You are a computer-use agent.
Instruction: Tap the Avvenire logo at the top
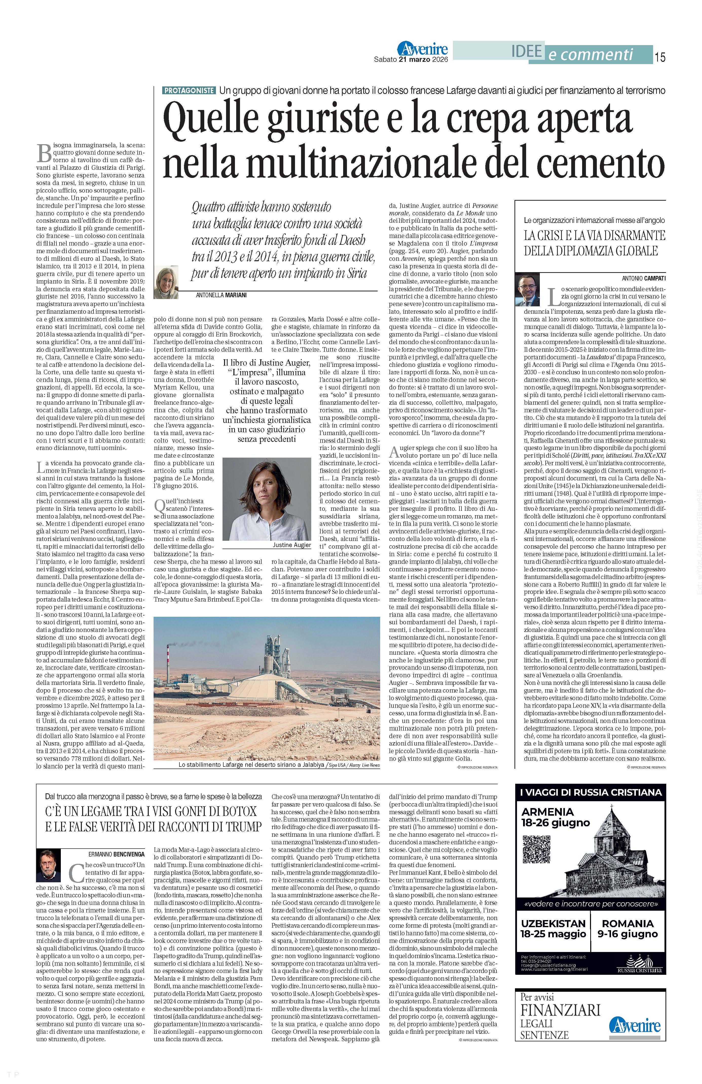[422, 49]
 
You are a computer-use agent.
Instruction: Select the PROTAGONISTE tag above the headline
[189, 91]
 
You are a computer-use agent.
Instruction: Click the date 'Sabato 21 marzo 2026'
[411, 59]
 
